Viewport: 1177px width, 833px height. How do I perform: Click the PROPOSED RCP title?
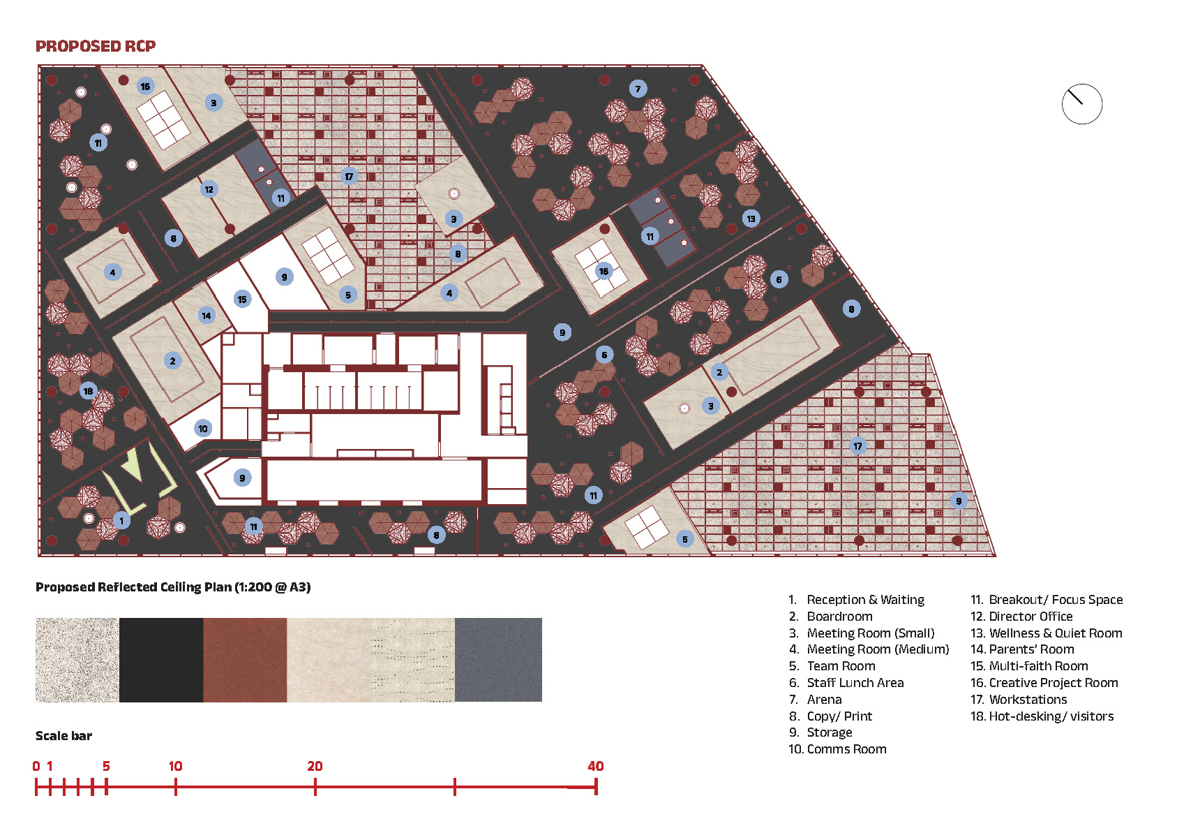96,46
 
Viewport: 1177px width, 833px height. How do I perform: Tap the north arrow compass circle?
1081,105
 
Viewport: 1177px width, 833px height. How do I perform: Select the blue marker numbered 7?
637,89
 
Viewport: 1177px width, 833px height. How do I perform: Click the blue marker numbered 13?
751,219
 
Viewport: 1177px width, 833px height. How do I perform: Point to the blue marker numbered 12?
209,189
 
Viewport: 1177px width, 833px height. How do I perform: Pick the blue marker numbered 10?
202,429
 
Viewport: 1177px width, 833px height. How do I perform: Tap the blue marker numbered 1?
121,520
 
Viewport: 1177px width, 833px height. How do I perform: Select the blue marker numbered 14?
206,316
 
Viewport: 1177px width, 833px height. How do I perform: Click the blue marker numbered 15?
241,299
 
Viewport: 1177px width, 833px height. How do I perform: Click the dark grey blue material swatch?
498,660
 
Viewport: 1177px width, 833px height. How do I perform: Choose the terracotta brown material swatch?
245,660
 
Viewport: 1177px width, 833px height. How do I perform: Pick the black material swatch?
161,660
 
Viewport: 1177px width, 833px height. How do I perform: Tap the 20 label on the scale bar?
315,766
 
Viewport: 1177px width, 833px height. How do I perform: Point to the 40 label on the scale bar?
595,766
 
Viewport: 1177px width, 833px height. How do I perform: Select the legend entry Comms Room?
837,749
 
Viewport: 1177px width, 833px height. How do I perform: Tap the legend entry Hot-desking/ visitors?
1042,716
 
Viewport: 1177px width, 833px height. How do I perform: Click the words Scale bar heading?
63,736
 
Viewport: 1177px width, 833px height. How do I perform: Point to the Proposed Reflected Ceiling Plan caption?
173,587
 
